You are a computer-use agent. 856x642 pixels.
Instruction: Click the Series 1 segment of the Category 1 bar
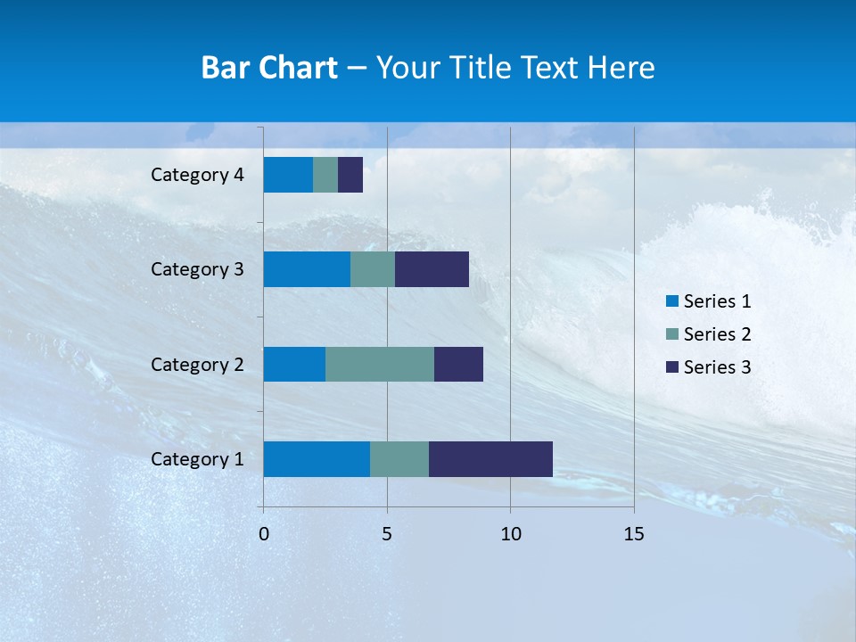pyautogui.click(x=317, y=458)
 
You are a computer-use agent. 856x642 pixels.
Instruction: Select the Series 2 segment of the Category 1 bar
pyautogui.click(x=399, y=458)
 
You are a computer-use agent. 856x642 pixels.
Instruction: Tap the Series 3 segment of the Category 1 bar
pyautogui.click(x=490, y=458)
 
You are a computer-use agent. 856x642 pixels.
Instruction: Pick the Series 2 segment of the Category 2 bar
pyautogui.click(x=380, y=364)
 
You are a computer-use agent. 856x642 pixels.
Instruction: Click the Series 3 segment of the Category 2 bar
pyautogui.click(x=458, y=364)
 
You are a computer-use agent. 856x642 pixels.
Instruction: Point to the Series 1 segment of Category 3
pyautogui.click(x=307, y=269)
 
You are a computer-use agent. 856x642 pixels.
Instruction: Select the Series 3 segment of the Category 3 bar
pyautogui.click(x=432, y=269)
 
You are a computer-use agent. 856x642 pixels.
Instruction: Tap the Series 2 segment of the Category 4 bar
pyautogui.click(x=325, y=175)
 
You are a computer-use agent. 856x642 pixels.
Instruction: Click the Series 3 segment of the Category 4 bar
pyautogui.click(x=350, y=175)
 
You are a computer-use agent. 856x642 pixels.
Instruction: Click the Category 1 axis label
pyautogui.click(x=197, y=459)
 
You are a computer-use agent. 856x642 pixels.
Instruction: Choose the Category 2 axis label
pyautogui.click(x=197, y=365)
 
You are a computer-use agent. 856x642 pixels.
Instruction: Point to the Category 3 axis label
pyautogui.click(x=197, y=269)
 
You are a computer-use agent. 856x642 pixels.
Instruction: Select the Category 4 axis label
pyautogui.click(x=197, y=175)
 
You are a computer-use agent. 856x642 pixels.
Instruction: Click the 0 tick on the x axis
pyautogui.click(x=264, y=534)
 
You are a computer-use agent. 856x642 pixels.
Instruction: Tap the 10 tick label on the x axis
pyautogui.click(x=510, y=534)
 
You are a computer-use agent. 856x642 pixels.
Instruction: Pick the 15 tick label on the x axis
pyautogui.click(x=633, y=534)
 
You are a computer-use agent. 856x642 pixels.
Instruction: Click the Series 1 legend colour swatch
pyautogui.click(x=672, y=301)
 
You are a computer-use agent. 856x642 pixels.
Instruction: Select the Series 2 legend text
pyautogui.click(x=717, y=334)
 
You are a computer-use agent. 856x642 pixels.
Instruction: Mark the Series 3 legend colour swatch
pyautogui.click(x=672, y=367)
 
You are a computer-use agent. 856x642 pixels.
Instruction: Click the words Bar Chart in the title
pyautogui.click(x=269, y=68)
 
